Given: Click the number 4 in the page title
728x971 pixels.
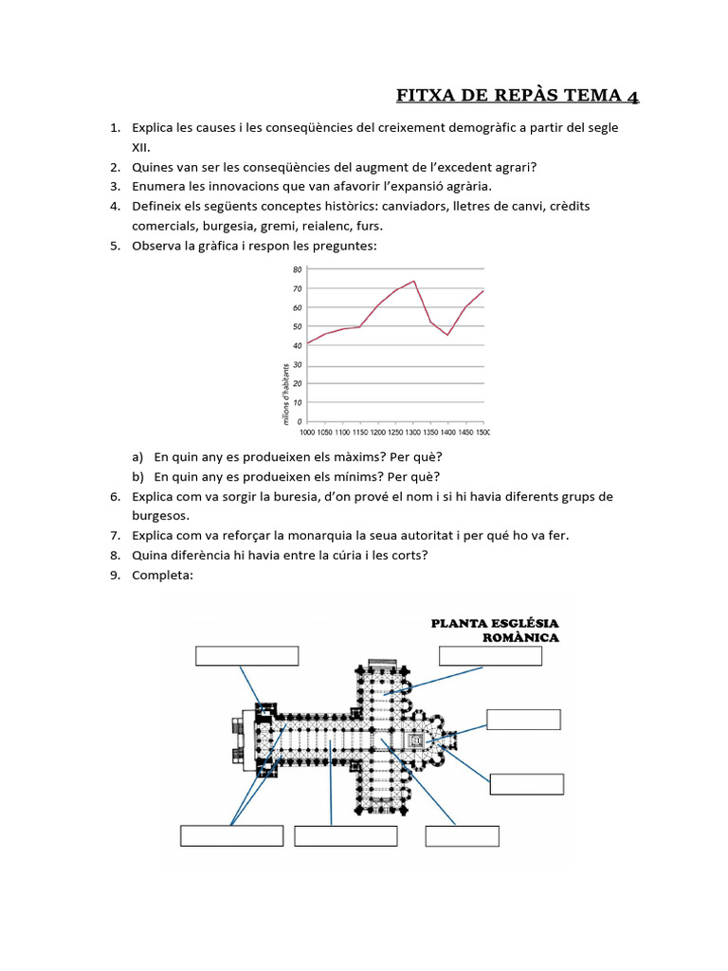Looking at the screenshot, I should click(630, 96).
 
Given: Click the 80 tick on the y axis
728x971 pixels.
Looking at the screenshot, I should click(297, 270).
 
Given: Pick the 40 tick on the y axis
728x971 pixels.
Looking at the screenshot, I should click(297, 346).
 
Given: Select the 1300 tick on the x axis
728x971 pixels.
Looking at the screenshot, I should click(413, 432).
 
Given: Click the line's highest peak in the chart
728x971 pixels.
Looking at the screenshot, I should click(414, 281).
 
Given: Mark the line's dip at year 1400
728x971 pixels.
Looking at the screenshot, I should click(447, 335).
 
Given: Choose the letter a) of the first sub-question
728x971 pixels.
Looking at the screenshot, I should click(138, 456).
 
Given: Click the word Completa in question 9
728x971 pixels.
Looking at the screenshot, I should click(162, 575).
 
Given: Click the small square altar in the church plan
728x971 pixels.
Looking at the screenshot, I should click(416, 740).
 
